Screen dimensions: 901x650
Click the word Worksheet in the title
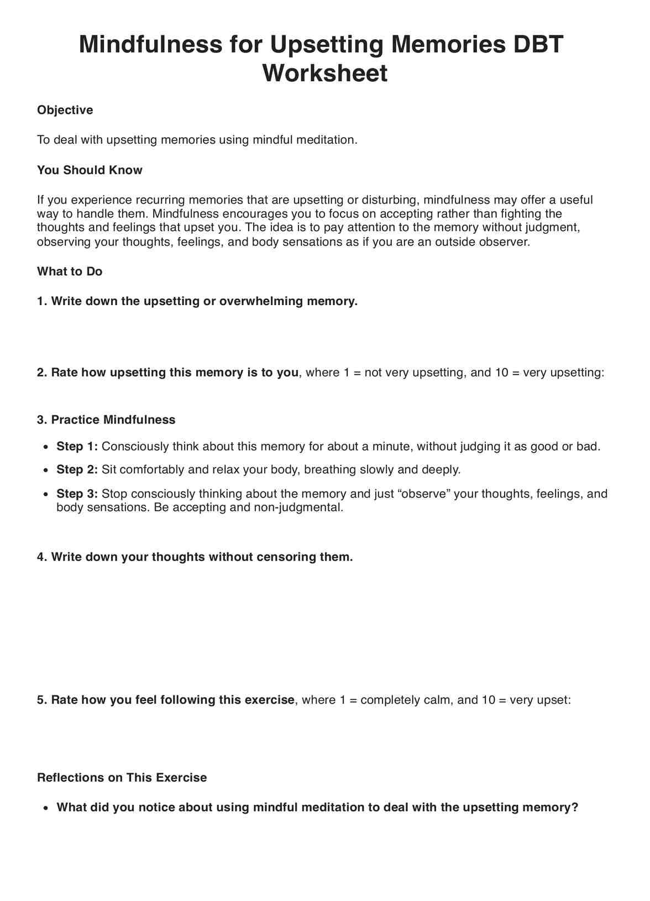[325, 74]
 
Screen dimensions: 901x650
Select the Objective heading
[65, 110]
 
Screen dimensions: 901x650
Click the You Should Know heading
[90, 170]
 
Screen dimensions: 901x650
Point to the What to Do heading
[70, 271]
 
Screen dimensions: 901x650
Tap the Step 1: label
[77, 447]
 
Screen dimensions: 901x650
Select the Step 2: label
[77, 470]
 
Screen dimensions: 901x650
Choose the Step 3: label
[77, 494]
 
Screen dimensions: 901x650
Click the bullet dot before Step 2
[46, 470]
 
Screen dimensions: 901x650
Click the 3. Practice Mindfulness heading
[106, 420]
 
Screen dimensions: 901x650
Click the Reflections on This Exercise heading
[122, 778]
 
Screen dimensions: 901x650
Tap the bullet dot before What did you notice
[46, 808]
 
